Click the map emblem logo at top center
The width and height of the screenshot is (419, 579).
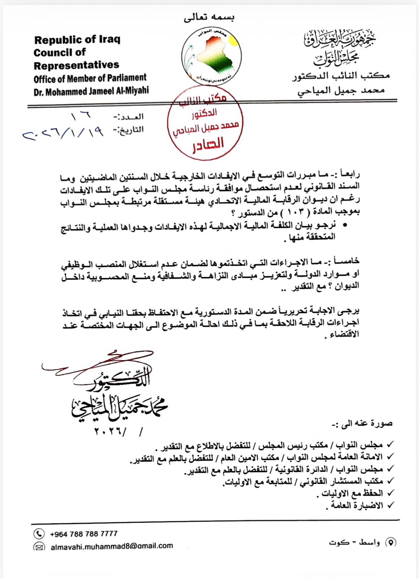click(x=211, y=56)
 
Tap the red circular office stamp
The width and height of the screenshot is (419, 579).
click(x=205, y=123)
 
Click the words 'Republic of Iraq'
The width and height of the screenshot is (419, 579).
click(x=77, y=39)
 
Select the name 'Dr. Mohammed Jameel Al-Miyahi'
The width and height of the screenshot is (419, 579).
click(x=91, y=91)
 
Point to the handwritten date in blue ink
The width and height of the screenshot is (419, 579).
click(x=63, y=133)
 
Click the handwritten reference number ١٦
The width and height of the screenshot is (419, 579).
click(x=81, y=116)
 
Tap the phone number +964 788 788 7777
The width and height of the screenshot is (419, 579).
click(x=84, y=534)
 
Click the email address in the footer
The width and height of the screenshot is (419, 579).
click(x=111, y=546)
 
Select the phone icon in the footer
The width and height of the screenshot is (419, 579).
click(x=39, y=534)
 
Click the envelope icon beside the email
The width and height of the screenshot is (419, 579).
click(x=39, y=546)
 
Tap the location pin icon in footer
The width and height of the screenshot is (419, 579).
click(x=391, y=542)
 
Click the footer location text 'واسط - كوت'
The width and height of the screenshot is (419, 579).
click(x=355, y=542)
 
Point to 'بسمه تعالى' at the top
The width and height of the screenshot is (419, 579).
click(x=209, y=17)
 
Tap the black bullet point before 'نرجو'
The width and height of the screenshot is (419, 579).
click(x=344, y=225)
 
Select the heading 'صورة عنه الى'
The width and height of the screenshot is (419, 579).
click(x=362, y=423)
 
